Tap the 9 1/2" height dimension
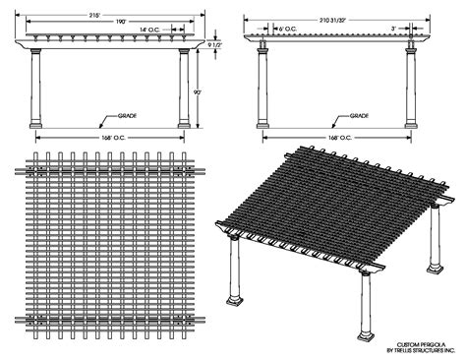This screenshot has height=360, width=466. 214,45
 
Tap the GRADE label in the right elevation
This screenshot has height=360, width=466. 357,115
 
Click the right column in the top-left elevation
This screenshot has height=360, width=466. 184,89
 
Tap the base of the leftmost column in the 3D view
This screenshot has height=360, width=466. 237,298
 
